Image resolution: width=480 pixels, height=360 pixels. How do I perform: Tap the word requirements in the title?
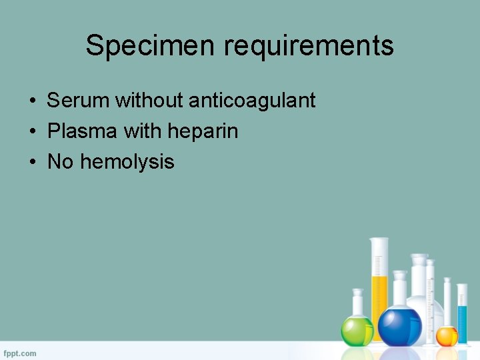(309, 46)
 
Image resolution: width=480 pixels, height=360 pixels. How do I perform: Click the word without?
(149, 101)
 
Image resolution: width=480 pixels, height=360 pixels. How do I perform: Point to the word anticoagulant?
(252, 101)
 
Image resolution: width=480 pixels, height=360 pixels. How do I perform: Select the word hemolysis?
(127, 162)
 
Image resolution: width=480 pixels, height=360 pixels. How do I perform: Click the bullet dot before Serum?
(32, 101)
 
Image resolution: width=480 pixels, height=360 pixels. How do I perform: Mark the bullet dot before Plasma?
(32, 132)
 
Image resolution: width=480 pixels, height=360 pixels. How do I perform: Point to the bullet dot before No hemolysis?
(32, 162)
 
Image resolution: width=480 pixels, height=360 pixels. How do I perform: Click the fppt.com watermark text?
(20, 353)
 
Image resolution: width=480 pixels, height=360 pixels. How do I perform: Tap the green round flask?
(357, 330)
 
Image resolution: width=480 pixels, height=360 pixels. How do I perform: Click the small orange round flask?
(447, 336)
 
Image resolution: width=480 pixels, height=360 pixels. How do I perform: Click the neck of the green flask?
(357, 304)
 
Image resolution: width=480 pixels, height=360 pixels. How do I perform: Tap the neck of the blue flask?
(399, 291)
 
